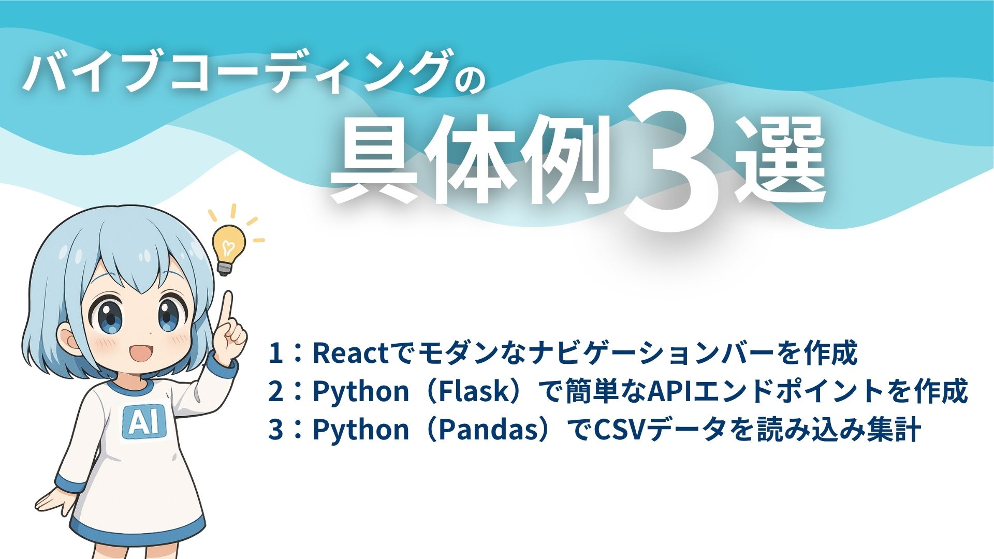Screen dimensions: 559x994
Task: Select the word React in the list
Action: pos(350,353)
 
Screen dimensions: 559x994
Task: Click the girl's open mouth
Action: pos(139,354)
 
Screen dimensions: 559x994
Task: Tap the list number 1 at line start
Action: pos(276,353)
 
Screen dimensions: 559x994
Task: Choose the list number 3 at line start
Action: pos(276,430)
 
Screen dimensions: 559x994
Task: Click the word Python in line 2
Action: pos(361,391)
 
